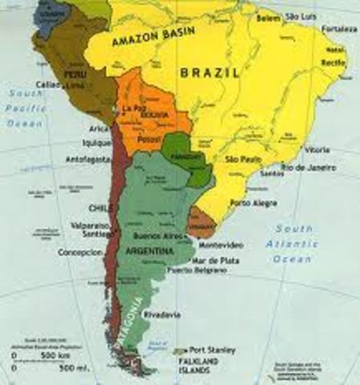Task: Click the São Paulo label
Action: tap(242, 160)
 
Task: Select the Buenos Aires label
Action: tap(153, 239)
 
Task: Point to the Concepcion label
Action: tap(79, 252)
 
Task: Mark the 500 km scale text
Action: tap(47, 353)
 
